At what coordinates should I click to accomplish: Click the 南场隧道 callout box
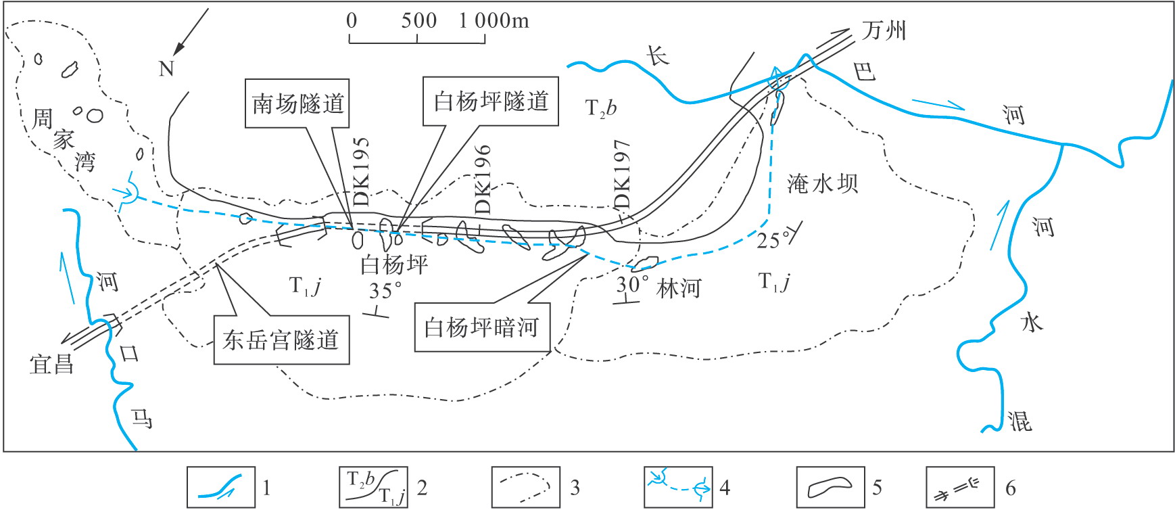[x=297, y=103]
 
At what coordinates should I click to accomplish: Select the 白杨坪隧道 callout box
[x=491, y=101]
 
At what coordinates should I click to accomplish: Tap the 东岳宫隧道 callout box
[x=281, y=340]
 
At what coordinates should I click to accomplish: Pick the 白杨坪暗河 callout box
[x=482, y=327]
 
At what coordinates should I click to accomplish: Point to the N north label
[x=166, y=68]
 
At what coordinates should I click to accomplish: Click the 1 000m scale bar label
[x=494, y=21]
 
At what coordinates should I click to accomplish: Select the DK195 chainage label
[x=362, y=172]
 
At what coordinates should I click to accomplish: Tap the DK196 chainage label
[x=483, y=179]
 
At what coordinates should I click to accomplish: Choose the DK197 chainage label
[x=622, y=175]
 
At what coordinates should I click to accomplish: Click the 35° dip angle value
[x=385, y=291]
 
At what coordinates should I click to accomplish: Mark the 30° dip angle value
[x=632, y=285]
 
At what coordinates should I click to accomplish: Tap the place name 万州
[x=884, y=30]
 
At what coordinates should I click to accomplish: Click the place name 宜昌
[x=51, y=365]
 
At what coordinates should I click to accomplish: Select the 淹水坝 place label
[x=822, y=183]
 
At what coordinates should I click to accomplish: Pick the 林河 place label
[x=678, y=289]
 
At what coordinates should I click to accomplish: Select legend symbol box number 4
[x=678, y=487]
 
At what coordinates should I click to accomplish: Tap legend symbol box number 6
[x=960, y=487]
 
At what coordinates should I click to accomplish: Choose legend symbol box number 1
[x=221, y=487]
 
